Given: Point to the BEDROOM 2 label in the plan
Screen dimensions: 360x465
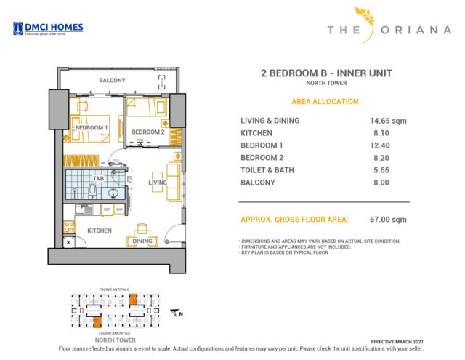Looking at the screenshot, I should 147,132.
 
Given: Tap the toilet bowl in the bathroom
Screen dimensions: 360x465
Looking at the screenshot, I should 93,191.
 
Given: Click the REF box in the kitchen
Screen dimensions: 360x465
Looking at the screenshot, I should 106,209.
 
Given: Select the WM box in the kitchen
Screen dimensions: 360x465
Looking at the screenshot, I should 119,209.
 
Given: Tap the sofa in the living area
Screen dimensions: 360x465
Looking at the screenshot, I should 173,182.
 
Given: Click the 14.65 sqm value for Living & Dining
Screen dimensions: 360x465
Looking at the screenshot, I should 387,121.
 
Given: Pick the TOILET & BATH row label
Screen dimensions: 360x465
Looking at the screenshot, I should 269,169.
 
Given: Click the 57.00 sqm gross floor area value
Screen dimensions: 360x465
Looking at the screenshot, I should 387,219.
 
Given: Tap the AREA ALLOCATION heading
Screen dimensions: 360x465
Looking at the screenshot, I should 324,101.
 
